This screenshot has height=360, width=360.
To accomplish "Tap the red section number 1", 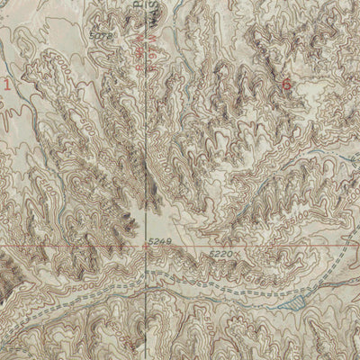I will pos(10,85).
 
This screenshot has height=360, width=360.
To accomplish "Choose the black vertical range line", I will pos(150,135).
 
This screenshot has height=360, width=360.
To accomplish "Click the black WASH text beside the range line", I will pos(143,54).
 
